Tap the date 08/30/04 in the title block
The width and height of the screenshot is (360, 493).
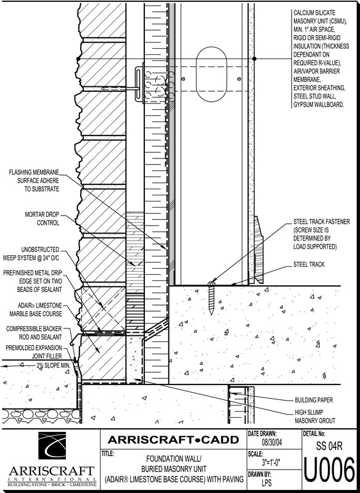pyautogui.click(x=272, y=442)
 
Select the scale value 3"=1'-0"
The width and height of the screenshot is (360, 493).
pyautogui.click(x=271, y=463)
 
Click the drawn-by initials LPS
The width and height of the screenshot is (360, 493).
pyautogui.click(x=267, y=483)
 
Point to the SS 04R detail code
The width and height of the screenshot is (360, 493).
pyautogui.click(x=329, y=446)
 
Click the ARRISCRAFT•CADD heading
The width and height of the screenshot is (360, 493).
pyautogui.click(x=173, y=439)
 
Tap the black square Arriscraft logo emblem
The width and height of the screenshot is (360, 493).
pyautogui.click(x=52, y=446)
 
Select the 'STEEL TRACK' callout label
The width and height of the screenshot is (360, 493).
pyautogui.click(x=309, y=264)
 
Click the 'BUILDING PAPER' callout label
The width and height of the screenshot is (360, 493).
pyautogui.click(x=314, y=400)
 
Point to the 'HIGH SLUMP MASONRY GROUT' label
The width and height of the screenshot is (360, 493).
pyautogui.click(x=315, y=417)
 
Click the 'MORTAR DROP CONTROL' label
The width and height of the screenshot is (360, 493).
pyautogui.click(x=42, y=219)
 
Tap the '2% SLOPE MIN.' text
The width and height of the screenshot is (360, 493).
pyautogui.click(x=54, y=365)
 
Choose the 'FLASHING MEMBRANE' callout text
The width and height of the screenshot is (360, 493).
pyautogui.click(x=34, y=173)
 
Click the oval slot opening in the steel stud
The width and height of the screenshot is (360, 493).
pyautogui.click(x=211, y=74)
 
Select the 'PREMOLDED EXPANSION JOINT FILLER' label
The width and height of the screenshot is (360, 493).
pyautogui.click(x=34, y=352)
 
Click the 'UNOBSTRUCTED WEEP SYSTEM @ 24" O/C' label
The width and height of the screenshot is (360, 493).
pyautogui.click(x=31, y=254)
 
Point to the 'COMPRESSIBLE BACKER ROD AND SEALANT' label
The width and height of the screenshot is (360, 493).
pyautogui.click(x=34, y=333)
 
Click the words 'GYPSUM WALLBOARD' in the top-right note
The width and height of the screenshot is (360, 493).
pyautogui.click(x=319, y=104)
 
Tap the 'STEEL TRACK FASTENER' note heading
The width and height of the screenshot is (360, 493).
pyautogui.click(x=321, y=222)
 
